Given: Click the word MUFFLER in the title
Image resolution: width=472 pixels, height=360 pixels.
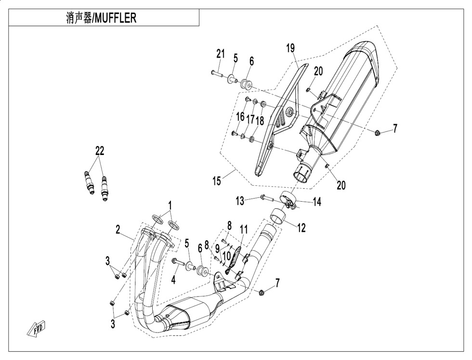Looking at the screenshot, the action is click(x=115, y=18).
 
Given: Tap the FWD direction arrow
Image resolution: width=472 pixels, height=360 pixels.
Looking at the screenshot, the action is click(x=37, y=327).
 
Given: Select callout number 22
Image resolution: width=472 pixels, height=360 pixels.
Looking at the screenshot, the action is click(x=100, y=151).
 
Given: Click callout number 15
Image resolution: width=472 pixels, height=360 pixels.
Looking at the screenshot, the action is click(x=217, y=181).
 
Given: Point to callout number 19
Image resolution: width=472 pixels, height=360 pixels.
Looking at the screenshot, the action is click(x=290, y=48).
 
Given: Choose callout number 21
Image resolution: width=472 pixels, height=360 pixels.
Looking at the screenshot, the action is click(x=221, y=54).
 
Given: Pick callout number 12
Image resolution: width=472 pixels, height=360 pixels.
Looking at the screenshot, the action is click(x=302, y=228).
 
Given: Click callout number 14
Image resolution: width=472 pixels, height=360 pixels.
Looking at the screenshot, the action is click(x=317, y=202).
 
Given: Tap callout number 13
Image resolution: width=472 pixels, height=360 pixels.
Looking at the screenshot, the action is click(x=240, y=201).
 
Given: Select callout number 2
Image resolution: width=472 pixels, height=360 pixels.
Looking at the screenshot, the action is click(x=118, y=230).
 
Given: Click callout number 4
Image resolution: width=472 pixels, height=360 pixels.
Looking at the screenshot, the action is click(x=173, y=280).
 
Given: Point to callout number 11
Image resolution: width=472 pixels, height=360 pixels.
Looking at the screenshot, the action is click(x=244, y=230).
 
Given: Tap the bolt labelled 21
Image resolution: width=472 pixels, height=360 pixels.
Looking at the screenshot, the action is click(x=217, y=73).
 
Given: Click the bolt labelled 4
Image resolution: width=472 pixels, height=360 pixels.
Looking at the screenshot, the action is click(x=179, y=262).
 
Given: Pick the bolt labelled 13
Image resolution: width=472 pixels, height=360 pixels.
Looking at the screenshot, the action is click(x=267, y=198).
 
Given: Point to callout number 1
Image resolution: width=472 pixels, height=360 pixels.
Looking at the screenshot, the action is click(x=170, y=206).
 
